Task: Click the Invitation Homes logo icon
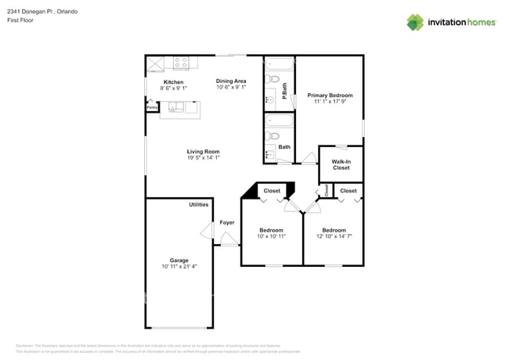[415, 22]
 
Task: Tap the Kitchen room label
[173, 82]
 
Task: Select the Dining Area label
[231, 81]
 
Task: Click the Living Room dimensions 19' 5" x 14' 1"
[203, 158]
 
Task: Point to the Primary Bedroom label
[329, 95]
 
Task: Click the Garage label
[179, 261]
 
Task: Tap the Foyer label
[227, 223]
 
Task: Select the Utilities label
[199, 204]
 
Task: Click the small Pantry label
[151, 107]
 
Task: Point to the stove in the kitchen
[181, 63]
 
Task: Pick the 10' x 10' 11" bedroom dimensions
[271, 236]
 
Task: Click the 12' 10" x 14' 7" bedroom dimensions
[334, 236]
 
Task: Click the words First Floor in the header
[21, 20]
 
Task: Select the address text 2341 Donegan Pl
[29, 12]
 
